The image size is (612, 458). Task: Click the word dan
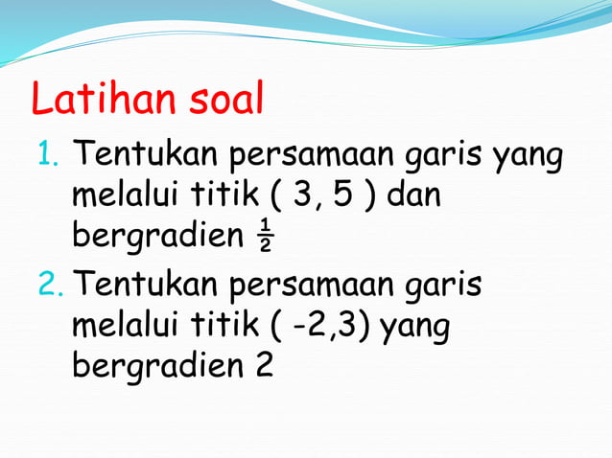pyautogui.click(x=413, y=197)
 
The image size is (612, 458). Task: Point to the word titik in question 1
pyautogui.click(x=220, y=197)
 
